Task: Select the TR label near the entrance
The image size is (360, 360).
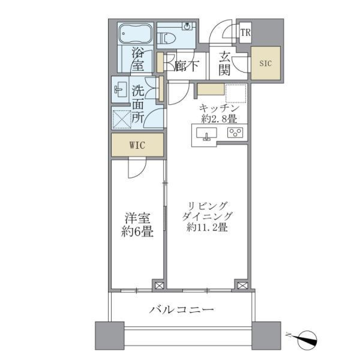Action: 245,33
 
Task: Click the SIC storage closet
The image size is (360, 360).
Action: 265,63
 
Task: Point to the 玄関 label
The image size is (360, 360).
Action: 225,64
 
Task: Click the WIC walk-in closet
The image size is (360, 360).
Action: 137,145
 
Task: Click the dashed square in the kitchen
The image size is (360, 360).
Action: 236,93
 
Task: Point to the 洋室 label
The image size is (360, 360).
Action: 138,218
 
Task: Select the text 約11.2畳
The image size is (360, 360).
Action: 207,228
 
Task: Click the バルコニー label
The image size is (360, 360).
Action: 182,310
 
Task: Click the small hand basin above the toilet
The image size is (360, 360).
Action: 186,26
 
